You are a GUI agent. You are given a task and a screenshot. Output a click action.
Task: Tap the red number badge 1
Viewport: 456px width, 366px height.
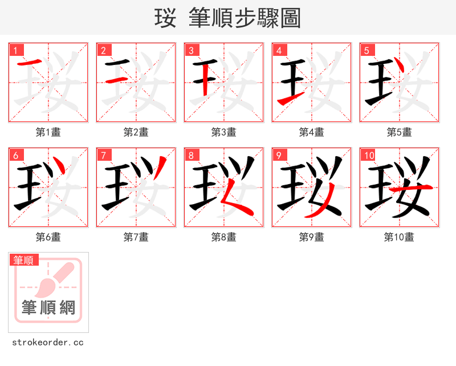pyautogui.click(x=15, y=51)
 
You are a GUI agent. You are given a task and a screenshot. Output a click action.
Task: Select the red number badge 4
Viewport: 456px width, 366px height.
pyautogui.click(x=279, y=51)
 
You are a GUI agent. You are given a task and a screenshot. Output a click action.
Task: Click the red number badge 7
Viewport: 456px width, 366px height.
pyautogui.click(x=103, y=156)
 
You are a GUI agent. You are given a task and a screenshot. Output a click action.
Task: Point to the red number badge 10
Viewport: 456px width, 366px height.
pyautogui.click(x=368, y=156)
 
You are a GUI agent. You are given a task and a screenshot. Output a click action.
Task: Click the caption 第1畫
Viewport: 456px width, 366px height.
pyautogui.click(x=48, y=132)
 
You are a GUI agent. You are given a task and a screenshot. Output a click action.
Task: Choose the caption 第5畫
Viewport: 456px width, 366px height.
pyautogui.click(x=399, y=132)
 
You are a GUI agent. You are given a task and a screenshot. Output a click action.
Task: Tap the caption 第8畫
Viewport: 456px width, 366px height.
pyautogui.click(x=223, y=237)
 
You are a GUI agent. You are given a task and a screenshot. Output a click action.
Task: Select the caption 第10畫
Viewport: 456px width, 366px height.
pyautogui.click(x=399, y=237)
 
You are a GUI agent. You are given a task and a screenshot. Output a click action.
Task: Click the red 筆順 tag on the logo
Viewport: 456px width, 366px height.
pyautogui.click(x=24, y=261)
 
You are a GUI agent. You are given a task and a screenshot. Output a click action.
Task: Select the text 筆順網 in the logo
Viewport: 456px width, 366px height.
pyautogui.click(x=48, y=307)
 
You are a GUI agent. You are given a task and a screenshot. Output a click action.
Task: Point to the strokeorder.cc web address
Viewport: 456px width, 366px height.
pyautogui.click(x=48, y=343)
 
